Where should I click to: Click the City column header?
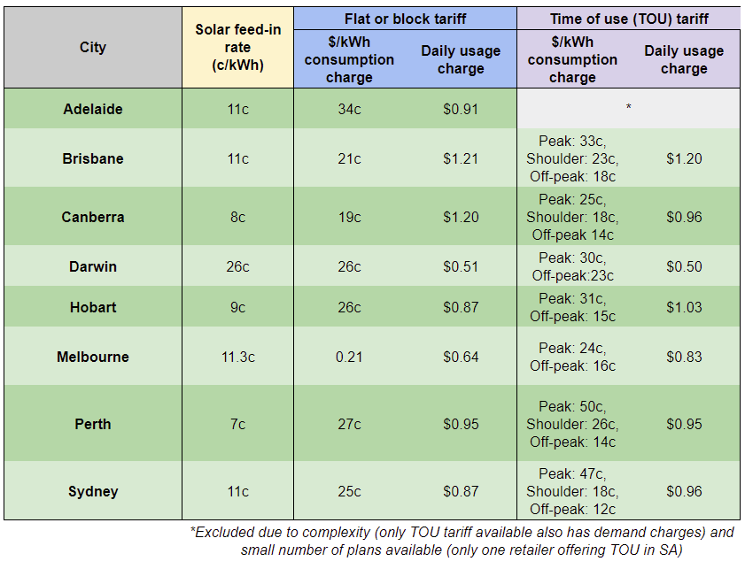[x=92, y=48]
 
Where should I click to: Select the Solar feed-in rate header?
[x=237, y=48]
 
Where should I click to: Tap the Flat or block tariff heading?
[x=405, y=19]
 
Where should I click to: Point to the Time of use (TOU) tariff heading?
[x=628, y=19]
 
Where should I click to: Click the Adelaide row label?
[x=92, y=109]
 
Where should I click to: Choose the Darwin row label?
[x=92, y=266]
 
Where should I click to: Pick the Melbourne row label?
[x=92, y=357]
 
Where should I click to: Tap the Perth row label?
[x=92, y=424]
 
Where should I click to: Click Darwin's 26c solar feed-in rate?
[x=237, y=266]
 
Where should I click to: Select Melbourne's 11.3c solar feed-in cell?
[x=237, y=357]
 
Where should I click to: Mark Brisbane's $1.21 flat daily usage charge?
[x=461, y=158]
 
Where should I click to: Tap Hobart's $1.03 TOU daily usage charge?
[x=684, y=307]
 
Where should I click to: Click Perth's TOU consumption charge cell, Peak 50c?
[x=572, y=424]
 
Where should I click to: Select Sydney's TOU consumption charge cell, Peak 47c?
[x=572, y=491]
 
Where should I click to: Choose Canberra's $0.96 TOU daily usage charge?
[x=684, y=217]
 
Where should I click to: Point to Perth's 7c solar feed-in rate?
[x=237, y=424]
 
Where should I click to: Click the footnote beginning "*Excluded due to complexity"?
[x=462, y=541]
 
